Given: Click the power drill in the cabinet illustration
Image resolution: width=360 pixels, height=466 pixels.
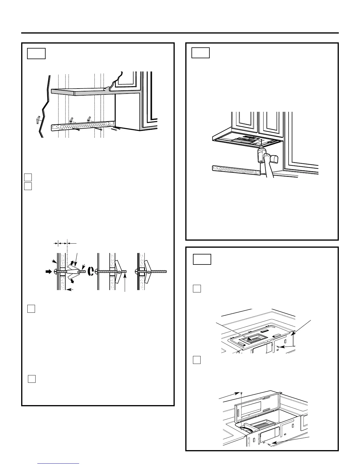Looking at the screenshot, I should [261, 155].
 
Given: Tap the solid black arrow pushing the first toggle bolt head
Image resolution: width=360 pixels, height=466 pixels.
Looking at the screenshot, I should [48, 272].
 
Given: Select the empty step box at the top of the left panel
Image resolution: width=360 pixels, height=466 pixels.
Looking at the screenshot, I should [36, 54].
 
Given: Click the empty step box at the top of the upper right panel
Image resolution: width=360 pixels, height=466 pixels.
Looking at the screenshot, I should [201, 53].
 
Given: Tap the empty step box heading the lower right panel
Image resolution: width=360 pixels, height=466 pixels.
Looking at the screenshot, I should [202, 259].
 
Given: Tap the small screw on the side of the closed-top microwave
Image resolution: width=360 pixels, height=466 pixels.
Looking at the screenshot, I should [278, 347].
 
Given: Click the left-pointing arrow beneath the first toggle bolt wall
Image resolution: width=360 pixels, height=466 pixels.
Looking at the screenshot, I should [70, 290].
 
